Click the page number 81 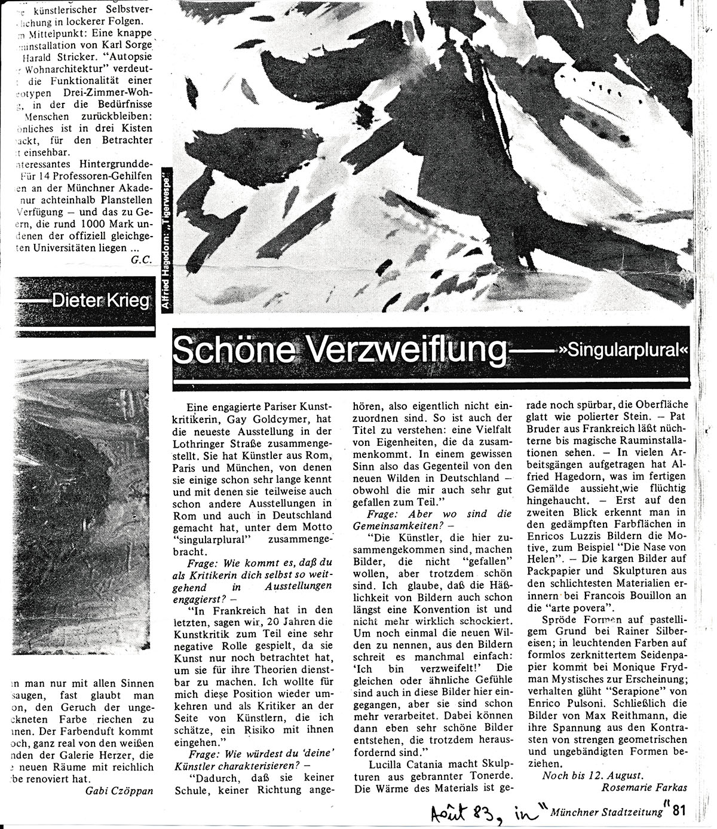click(x=678, y=811)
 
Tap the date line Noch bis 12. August click(x=593, y=775)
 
